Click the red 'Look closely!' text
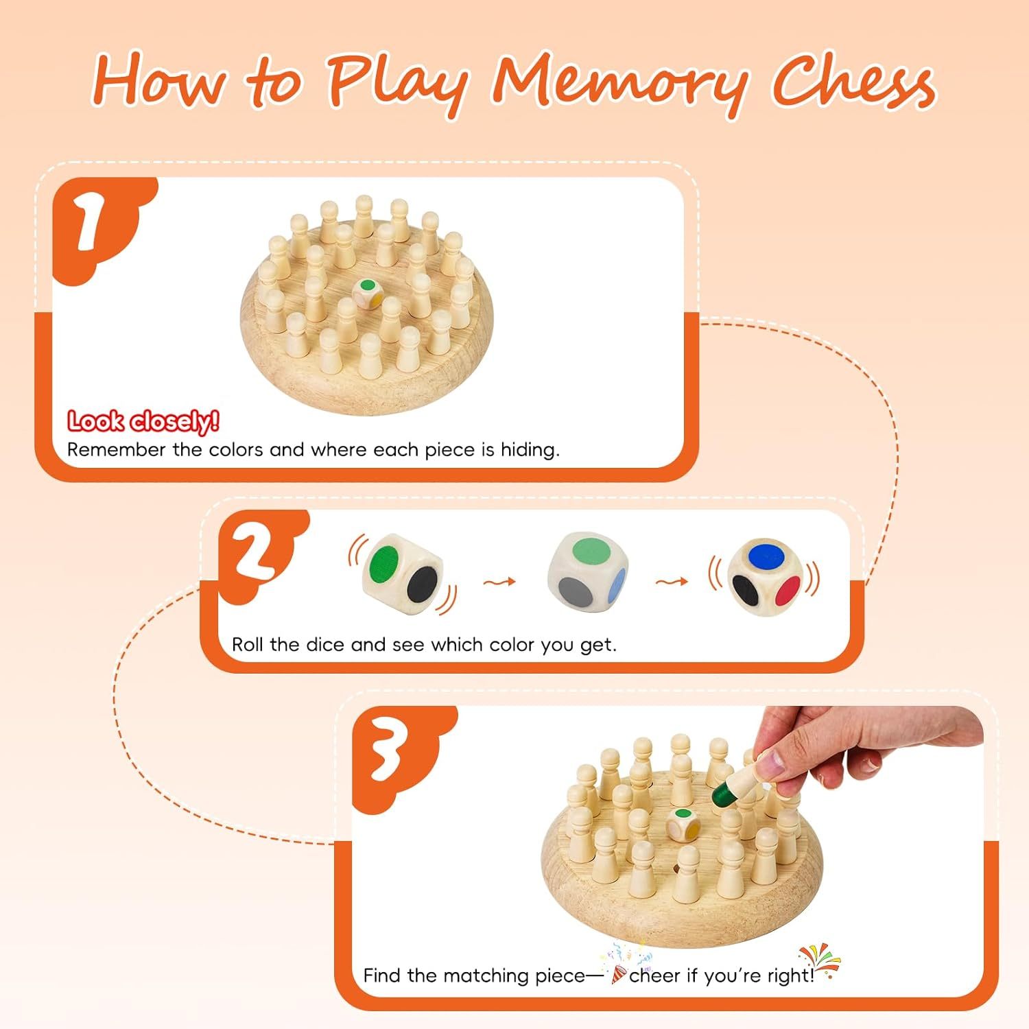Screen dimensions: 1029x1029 143,421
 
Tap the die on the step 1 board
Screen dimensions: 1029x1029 368,294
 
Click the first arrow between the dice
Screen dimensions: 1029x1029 499,582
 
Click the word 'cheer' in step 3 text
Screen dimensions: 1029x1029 655,975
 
